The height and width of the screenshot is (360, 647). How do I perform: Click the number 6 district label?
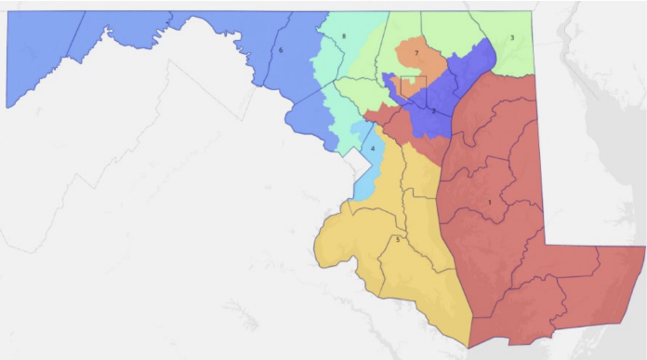(281, 49)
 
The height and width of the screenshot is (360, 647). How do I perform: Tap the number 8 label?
(344, 36)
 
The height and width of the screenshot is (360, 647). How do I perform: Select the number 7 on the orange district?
(416, 53)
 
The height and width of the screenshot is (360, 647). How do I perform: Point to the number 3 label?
(511, 38)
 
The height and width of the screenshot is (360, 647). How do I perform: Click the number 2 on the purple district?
(433, 111)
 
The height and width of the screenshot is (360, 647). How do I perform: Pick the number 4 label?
(373, 149)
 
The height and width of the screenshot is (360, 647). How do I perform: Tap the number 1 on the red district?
(489, 202)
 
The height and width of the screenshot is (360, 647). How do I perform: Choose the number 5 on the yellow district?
(398, 240)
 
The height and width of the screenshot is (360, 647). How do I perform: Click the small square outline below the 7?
(411, 87)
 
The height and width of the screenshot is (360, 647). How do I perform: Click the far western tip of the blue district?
(7, 105)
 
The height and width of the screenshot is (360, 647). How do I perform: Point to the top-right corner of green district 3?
(534, 13)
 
